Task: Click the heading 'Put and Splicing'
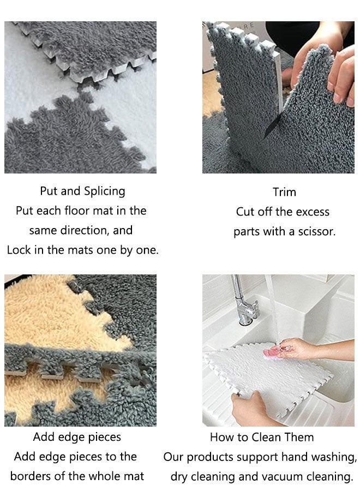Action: [x=82, y=191]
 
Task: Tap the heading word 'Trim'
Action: [x=284, y=192]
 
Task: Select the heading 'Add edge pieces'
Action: [x=77, y=437]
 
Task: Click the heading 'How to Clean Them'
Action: [x=262, y=437]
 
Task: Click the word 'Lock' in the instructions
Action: [x=19, y=250]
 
